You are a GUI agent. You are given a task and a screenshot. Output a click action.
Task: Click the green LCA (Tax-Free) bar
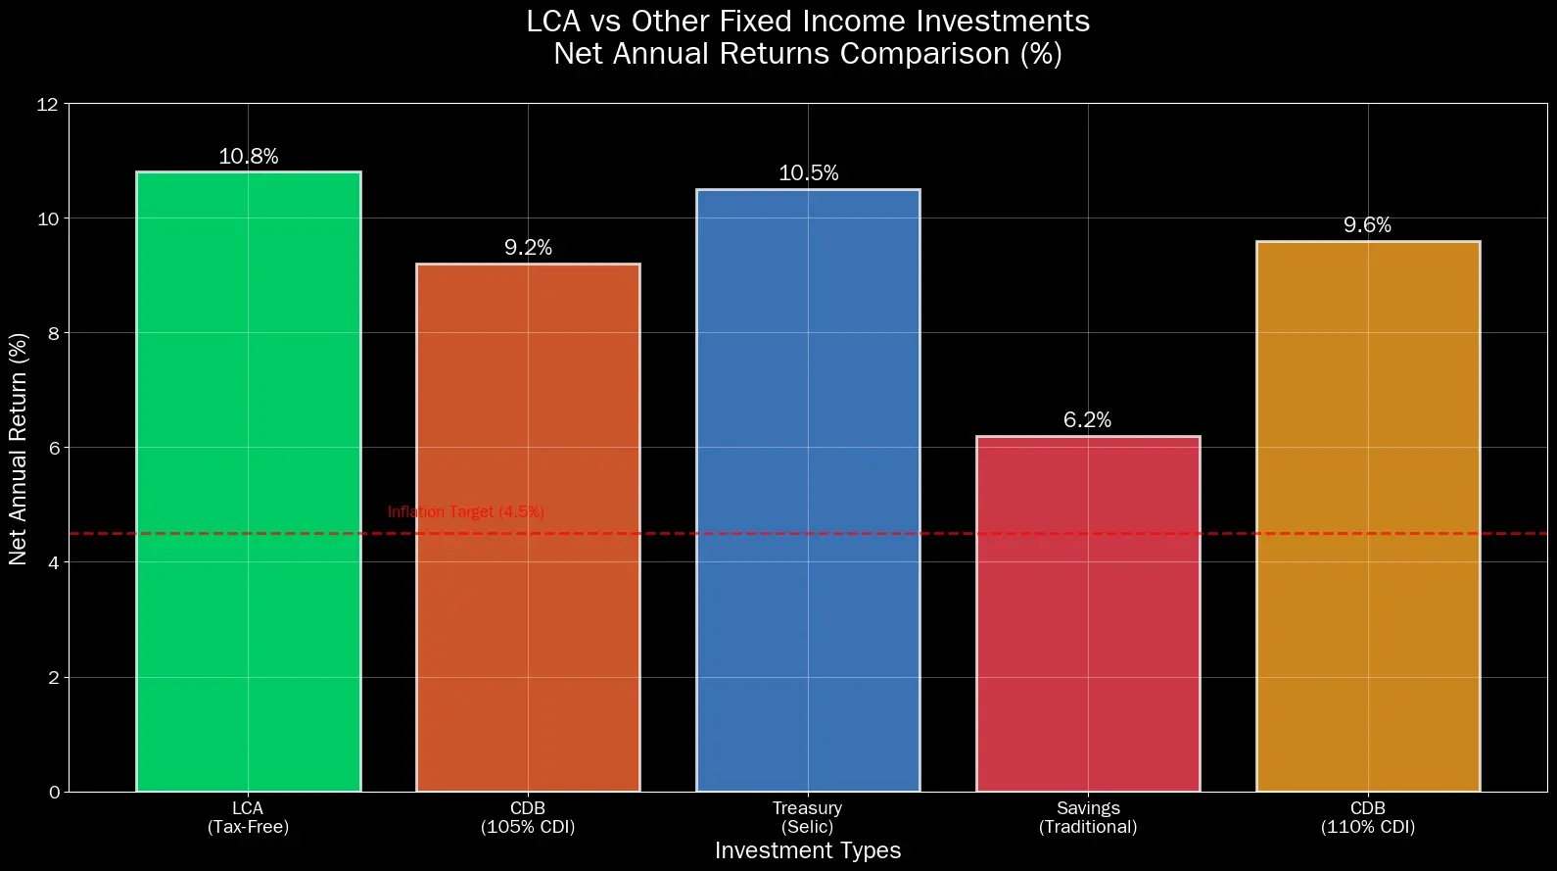[248, 481]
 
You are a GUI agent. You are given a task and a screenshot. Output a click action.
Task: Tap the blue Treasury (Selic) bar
[808, 490]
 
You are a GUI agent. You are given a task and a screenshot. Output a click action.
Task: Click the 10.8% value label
[249, 157]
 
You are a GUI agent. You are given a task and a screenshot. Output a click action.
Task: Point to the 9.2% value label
[529, 248]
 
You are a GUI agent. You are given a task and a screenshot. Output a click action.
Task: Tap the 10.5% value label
[809, 173]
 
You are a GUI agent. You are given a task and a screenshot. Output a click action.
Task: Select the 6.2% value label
[1088, 420]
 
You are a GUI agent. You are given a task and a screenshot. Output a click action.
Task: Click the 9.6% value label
[1368, 225]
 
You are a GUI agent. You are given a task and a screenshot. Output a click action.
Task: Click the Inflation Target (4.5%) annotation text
[466, 512]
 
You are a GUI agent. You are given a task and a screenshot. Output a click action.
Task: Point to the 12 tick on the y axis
[48, 104]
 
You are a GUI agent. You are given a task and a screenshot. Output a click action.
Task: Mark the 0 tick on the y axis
[54, 792]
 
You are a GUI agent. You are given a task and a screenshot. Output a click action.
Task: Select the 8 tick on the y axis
[54, 333]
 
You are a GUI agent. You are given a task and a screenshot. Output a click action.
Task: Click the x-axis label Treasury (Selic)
[808, 817]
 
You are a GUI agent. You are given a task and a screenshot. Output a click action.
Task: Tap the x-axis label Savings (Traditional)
[1088, 817]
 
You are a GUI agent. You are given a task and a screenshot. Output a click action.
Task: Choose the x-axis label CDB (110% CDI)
[1368, 817]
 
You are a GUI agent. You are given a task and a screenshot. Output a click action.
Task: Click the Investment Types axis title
[808, 850]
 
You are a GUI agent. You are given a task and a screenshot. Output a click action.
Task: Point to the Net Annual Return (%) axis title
[19, 448]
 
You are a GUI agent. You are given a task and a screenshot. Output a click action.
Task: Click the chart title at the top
[808, 37]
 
